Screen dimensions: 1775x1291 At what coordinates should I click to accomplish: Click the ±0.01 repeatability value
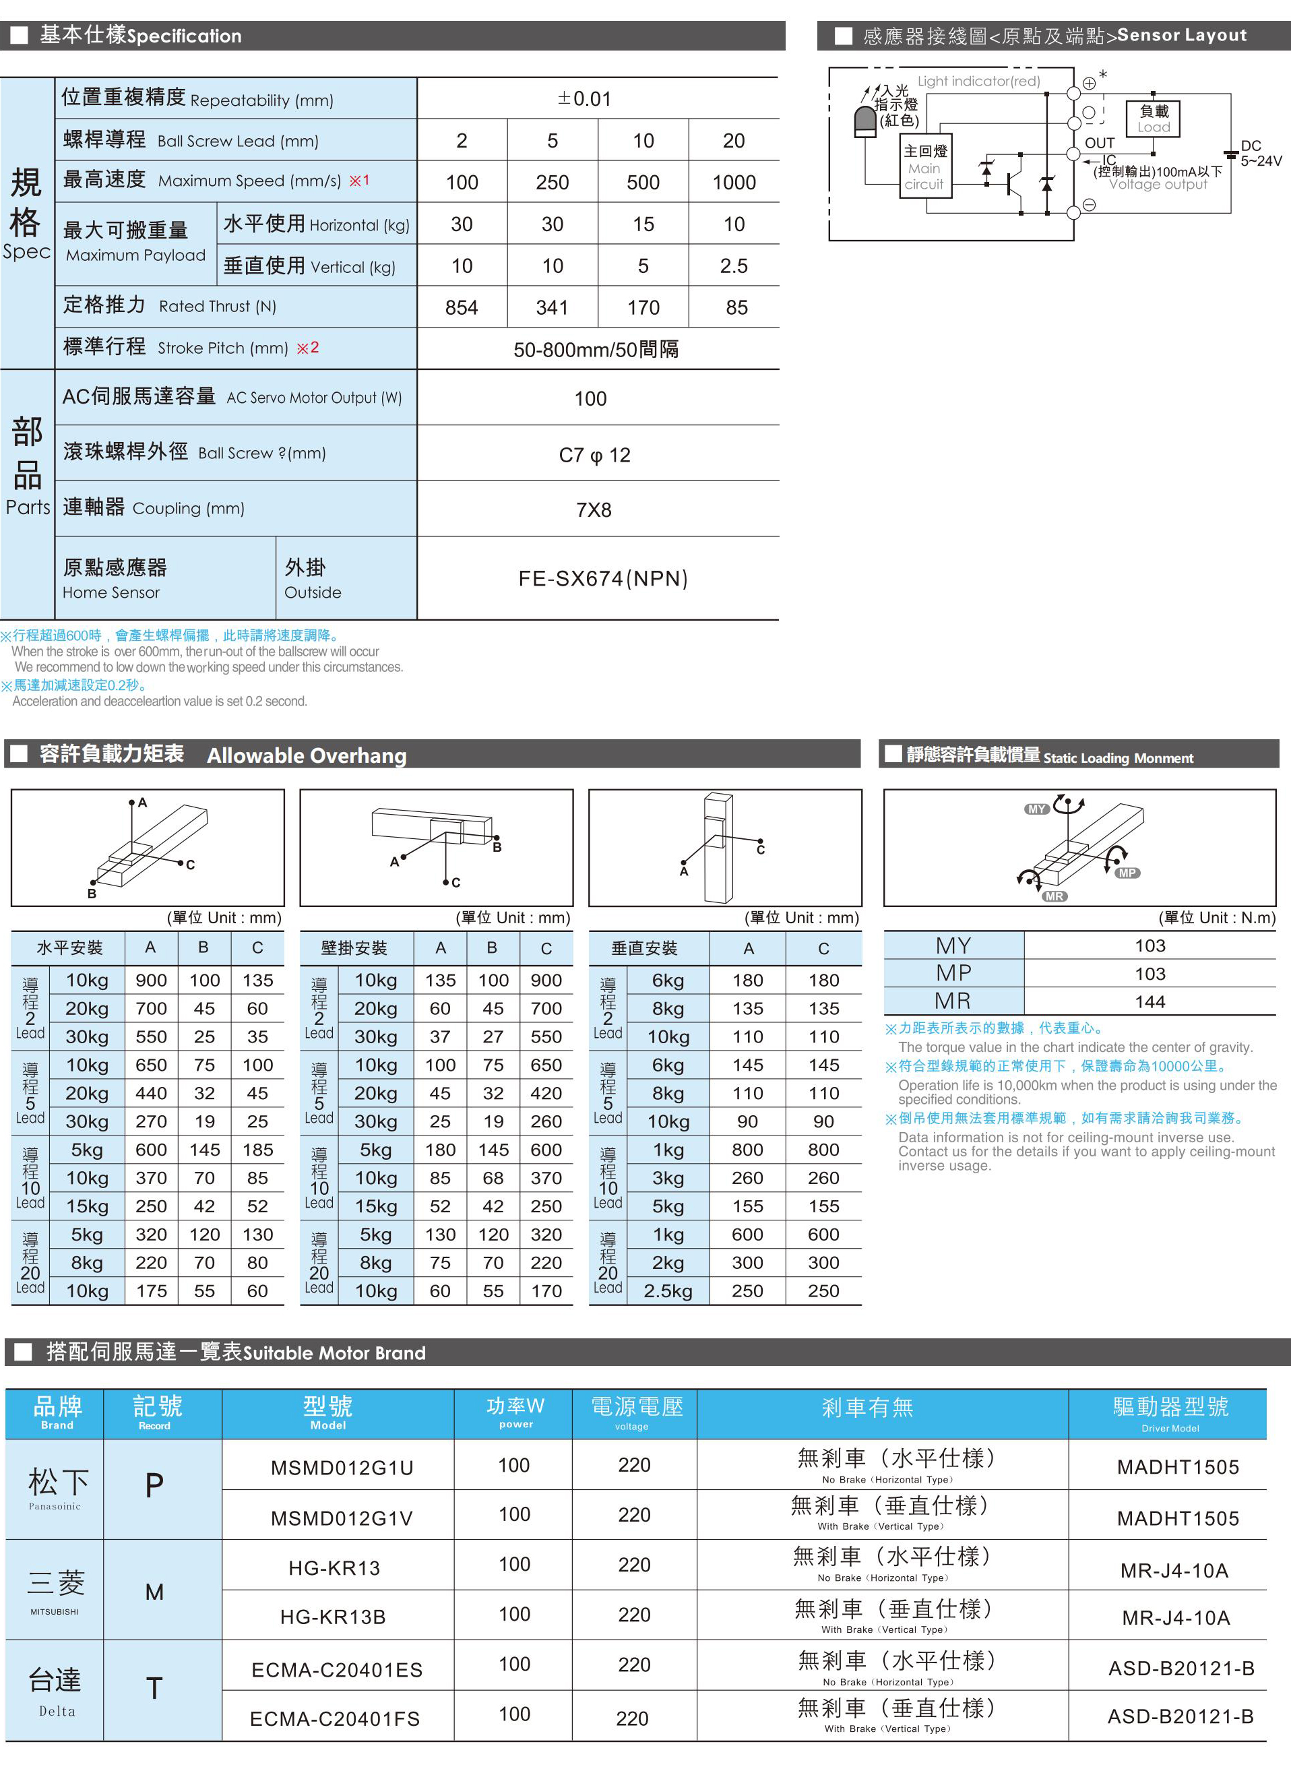point(584,98)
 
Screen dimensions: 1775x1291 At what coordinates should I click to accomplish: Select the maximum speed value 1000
point(734,183)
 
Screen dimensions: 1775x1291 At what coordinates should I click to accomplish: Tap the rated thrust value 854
point(462,307)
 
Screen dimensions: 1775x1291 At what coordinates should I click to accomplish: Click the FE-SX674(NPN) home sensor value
point(602,578)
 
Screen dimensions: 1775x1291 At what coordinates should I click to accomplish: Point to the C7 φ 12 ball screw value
point(595,455)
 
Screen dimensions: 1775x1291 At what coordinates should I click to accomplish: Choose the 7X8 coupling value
point(594,510)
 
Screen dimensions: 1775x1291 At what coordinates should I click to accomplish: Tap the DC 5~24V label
point(1261,154)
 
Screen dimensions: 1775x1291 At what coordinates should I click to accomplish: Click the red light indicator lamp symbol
point(865,122)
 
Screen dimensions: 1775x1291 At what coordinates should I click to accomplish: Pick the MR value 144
point(1150,1002)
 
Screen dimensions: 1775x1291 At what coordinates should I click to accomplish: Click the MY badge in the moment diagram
point(1037,809)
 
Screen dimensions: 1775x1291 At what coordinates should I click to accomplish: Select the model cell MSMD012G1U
point(342,1468)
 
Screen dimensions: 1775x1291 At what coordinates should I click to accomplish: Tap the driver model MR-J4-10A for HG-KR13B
point(1175,1618)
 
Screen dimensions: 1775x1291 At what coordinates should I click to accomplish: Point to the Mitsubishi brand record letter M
point(155,1592)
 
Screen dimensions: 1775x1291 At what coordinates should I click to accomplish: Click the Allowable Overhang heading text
point(307,755)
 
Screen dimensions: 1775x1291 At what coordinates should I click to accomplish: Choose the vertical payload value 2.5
point(734,266)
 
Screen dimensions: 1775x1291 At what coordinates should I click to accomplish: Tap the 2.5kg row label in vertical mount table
point(668,1291)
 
